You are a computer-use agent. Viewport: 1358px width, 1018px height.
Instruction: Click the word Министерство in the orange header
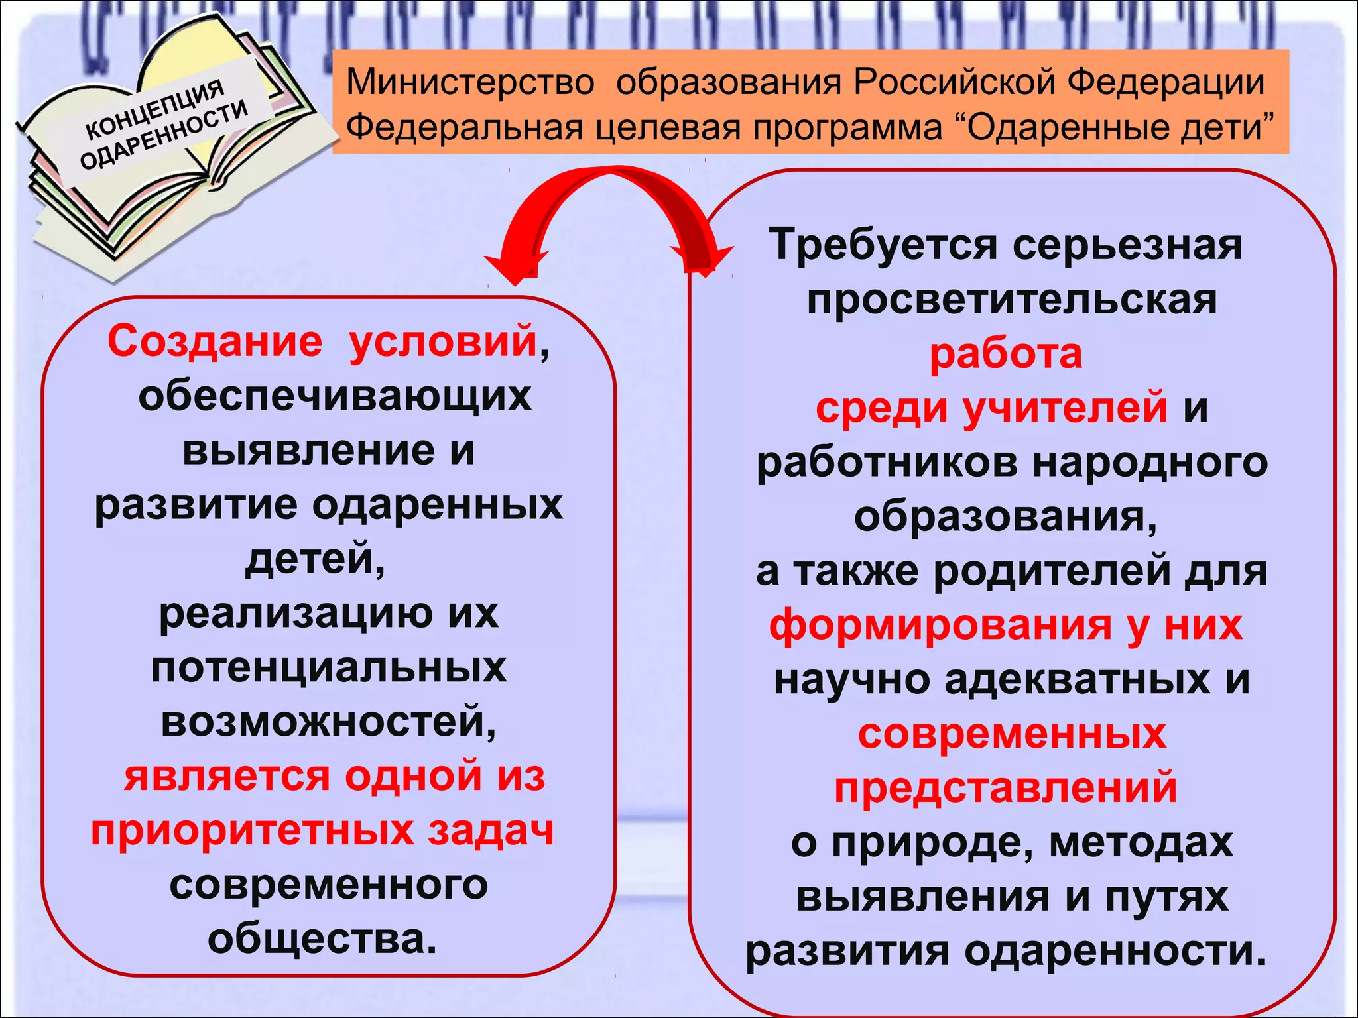[470, 83]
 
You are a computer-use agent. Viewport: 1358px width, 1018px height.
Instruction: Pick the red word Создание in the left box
[215, 341]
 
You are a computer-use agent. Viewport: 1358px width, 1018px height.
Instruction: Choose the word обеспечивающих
[335, 396]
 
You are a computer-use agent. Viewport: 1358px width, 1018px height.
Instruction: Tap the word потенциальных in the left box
[329, 667]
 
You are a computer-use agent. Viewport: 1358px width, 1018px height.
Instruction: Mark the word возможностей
[328, 722]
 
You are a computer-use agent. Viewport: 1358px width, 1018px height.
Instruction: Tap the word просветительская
[1012, 300]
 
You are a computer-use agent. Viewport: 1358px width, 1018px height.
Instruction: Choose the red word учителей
[1065, 407]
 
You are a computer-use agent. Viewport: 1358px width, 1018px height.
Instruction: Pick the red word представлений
[1005, 787]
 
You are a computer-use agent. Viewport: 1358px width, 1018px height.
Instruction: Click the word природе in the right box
[932, 842]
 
